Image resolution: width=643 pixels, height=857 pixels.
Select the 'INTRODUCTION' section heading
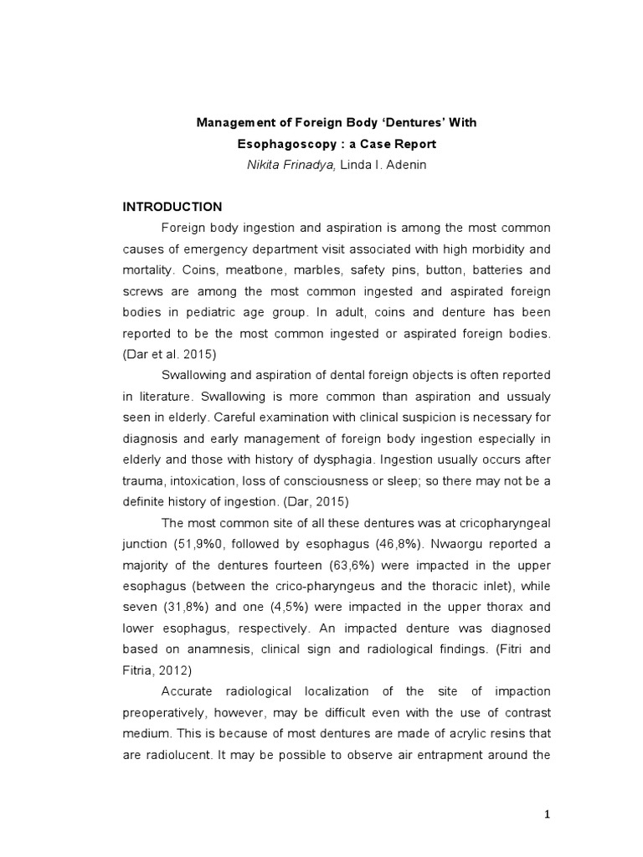coord(172,207)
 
